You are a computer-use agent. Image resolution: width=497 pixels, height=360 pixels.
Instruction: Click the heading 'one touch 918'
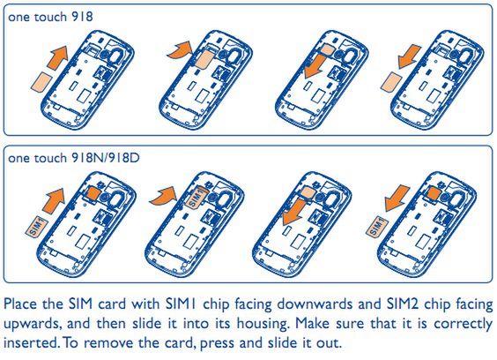tap(50, 17)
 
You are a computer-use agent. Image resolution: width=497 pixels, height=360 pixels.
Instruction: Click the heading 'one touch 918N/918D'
tap(73, 158)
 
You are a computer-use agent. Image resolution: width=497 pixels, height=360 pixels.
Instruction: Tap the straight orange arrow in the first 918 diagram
tap(57, 56)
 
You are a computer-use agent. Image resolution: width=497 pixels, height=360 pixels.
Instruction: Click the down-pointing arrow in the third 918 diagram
tap(317, 65)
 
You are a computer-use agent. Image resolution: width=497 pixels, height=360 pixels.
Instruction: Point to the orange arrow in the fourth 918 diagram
tap(410, 56)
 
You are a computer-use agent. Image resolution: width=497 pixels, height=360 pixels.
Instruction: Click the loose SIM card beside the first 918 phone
tap(42, 82)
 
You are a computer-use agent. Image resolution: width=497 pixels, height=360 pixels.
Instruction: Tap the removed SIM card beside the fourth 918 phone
tap(392, 82)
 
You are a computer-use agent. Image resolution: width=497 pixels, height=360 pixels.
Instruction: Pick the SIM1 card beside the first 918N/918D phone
tap(36, 227)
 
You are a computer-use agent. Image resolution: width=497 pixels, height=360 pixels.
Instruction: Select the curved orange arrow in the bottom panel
tap(163, 196)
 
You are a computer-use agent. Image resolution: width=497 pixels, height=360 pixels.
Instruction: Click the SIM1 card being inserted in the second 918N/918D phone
tap(197, 198)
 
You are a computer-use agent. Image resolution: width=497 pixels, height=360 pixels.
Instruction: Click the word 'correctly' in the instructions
tap(464, 325)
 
